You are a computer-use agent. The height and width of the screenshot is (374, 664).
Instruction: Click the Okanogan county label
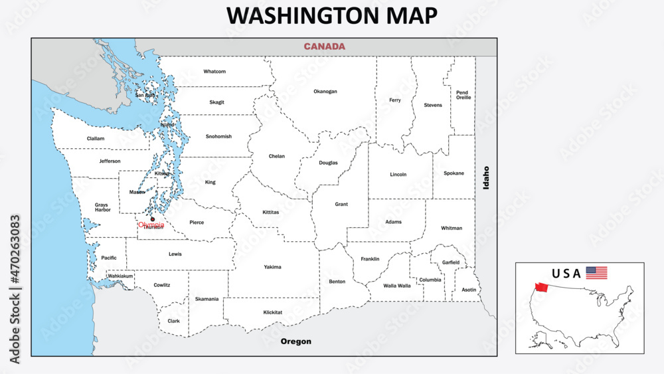(325, 91)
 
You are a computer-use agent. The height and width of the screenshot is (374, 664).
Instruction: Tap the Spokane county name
(454, 173)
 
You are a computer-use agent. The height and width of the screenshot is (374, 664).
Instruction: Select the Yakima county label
(272, 267)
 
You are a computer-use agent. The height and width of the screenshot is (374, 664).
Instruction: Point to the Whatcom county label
(214, 71)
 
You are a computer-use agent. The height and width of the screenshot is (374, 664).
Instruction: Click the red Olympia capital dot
(153, 219)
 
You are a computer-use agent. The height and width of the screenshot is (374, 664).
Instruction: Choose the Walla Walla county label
(397, 286)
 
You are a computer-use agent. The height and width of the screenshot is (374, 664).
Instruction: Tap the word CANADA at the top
(324, 47)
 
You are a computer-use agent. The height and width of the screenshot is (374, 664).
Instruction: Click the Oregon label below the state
(295, 341)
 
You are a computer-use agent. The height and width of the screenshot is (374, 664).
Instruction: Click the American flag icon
(596, 272)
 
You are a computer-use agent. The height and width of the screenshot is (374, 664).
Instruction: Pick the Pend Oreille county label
(463, 95)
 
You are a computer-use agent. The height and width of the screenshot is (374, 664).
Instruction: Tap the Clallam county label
(96, 138)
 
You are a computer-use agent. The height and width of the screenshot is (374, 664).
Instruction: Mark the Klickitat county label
(272, 312)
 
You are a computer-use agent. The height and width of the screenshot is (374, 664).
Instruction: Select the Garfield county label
(451, 262)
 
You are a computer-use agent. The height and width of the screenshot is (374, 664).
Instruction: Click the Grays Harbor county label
(102, 208)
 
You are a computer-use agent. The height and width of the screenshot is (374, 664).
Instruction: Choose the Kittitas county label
(271, 213)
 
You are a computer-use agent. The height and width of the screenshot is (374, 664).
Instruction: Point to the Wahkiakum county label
(121, 275)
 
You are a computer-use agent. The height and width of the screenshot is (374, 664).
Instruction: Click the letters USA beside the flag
(566, 273)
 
